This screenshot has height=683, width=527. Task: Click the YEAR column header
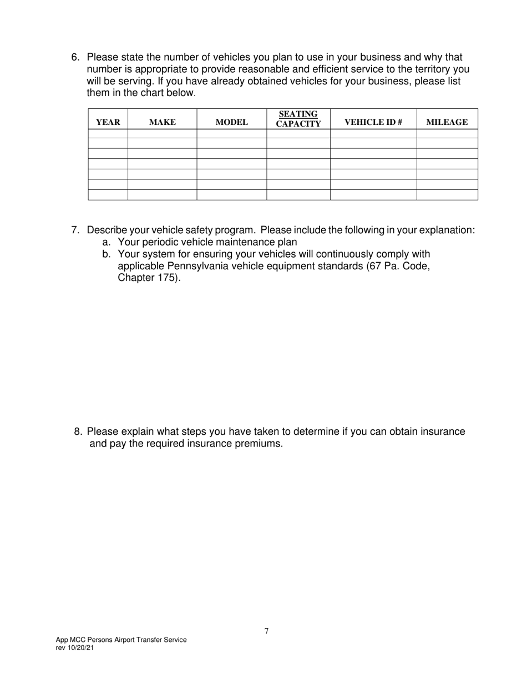pos(108,122)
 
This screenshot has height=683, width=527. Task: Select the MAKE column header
pos(163,122)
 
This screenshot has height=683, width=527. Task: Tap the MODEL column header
pos(232,122)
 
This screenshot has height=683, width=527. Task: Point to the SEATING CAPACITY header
pos(298,119)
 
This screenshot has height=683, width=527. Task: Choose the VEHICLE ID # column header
pos(373,122)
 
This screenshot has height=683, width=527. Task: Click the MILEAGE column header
pos(447,122)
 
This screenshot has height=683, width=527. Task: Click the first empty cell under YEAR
pos(108,133)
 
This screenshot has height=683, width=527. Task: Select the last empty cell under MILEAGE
pos(447,195)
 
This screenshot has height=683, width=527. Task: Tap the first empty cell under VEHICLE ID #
pos(373,133)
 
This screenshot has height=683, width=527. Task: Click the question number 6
pos(76,57)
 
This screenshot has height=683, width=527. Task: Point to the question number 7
pos(76,230)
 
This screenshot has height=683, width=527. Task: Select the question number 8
pos(78,431)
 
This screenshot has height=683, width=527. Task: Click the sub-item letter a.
pos(106,242)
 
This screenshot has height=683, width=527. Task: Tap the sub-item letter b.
pos(106,254)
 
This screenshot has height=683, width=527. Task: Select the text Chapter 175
pos(149,278)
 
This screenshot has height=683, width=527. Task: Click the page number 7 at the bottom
pos(266,631)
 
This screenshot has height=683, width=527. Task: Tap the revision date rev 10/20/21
pos(75,647)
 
